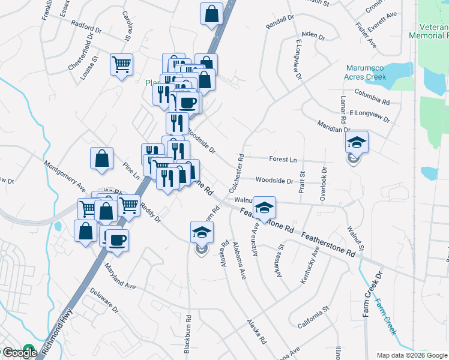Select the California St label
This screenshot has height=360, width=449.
point(314,317)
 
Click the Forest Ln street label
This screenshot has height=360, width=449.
point(283,160)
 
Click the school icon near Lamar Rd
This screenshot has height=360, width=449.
point(357,142)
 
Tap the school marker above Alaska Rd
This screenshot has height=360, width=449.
point(202,232)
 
